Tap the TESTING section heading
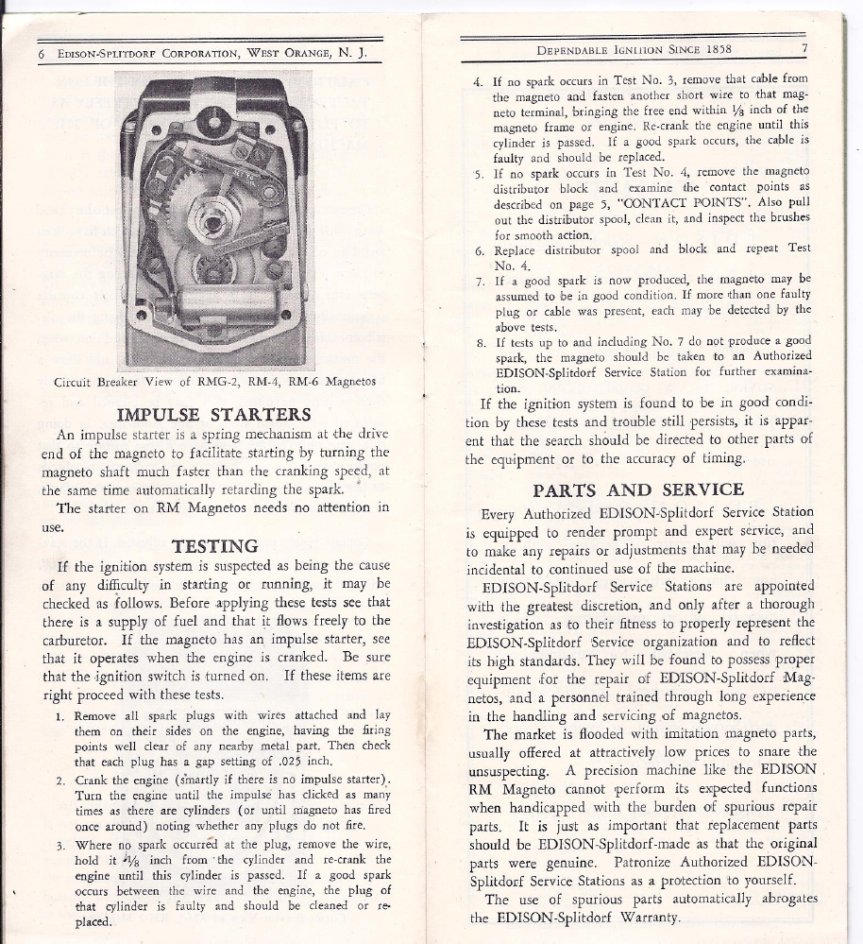[215, 545]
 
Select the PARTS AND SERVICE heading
[638, 489]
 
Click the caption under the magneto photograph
[216, 383]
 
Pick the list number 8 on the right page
[481, 342]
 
